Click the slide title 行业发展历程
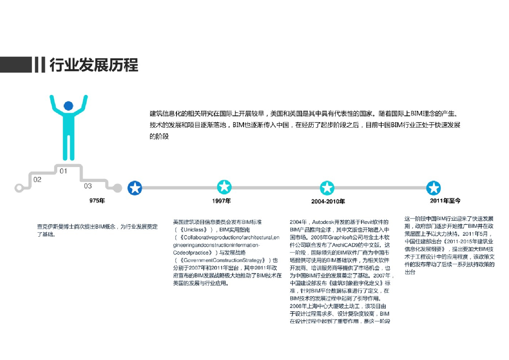pos(93,65)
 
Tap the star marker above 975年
pos(135,188)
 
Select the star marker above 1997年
pos(225,187)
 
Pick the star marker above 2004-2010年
pos(327,188)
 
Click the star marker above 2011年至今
pos(434,188)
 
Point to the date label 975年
pos(97,201)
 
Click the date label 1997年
pos(221,201)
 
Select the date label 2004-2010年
pos(328,201)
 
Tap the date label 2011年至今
pos(445,201)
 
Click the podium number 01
pos(64,171)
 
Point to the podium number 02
pos(37,180)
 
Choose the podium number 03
pos(87,186)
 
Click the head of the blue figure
pos(68,106)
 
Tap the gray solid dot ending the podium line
pos(117,188)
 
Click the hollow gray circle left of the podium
pos(19,188)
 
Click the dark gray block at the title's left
pos(15,65)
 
